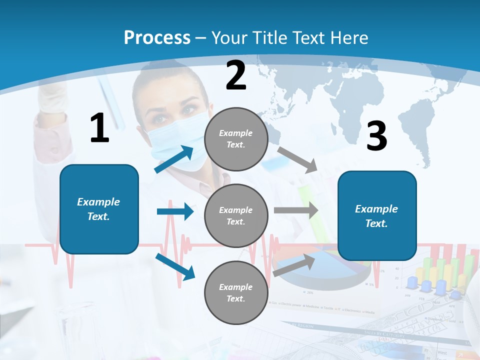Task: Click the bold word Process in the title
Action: click(157, 38)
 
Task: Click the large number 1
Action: click(99, 128)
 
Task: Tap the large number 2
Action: click(236, 75)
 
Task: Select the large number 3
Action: click(376, 136)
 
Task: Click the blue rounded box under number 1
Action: click(99, 209)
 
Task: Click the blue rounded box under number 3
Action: click(377, 215)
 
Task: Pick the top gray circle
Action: click(236, 139)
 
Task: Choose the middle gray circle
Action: click(236, 215)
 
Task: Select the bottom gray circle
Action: click(236, 292)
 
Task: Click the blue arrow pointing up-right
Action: click(174, 159)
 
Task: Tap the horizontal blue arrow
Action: click(175, 211)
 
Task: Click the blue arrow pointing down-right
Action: click(175, 266)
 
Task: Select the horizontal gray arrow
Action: click(296, 210)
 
